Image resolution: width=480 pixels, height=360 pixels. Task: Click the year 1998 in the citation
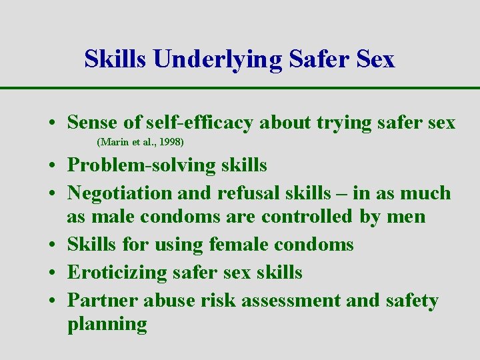(171, 142)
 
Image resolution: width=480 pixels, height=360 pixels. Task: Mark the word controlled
(304, 217)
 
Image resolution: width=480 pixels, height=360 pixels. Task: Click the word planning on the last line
(107, 325)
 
